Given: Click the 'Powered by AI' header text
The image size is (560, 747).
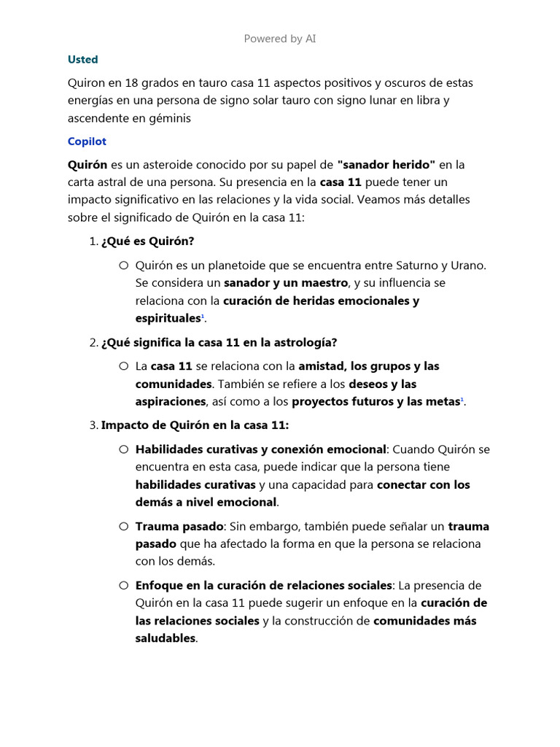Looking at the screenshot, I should point(280,39).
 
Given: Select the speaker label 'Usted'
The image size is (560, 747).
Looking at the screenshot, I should point(82,59).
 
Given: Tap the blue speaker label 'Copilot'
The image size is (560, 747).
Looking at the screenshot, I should point(87,141).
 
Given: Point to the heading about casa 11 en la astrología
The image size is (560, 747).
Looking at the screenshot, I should point(219,342).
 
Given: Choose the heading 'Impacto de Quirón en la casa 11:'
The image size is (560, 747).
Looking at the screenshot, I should point(195,425).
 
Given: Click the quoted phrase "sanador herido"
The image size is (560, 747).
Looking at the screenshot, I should point(386,164).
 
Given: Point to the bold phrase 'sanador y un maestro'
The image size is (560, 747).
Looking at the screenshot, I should point(286,282).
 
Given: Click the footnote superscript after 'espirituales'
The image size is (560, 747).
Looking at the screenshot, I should point(202,317).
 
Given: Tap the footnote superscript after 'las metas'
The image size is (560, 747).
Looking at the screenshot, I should point(462,400).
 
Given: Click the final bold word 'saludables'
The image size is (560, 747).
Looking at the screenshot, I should point(166,638).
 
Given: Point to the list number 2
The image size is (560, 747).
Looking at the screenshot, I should point(92,342).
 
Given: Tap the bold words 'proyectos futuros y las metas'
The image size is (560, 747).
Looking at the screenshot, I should point(375,401).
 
